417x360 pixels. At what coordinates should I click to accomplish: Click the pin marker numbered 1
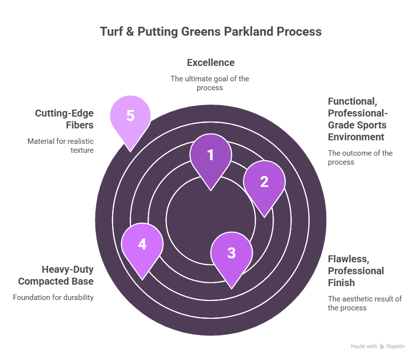(x=210, y=156)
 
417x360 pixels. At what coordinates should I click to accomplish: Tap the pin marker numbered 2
(x=264, y=182)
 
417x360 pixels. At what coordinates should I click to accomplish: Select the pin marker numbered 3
(x=231, y=253)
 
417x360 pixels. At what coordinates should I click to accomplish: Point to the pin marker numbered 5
(x=130, y=117)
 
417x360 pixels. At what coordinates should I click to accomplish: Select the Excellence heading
(x=210, y=63)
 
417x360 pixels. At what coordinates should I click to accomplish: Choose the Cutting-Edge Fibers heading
(x=64, y=119)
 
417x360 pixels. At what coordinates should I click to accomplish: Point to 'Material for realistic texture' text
(x=61, y=145)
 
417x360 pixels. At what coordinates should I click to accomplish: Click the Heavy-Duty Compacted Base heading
(x=56, y=276)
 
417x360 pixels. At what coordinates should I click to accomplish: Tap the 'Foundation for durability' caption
(x=53, y=298)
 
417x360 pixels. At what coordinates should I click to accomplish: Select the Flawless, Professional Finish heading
(x=355, y=271)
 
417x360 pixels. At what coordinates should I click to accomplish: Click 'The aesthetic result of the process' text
(x=364, y=303)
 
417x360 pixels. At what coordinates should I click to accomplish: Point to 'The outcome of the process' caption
(x=360, y=158)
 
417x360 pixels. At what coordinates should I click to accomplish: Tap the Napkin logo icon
(x=382, y=347)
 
